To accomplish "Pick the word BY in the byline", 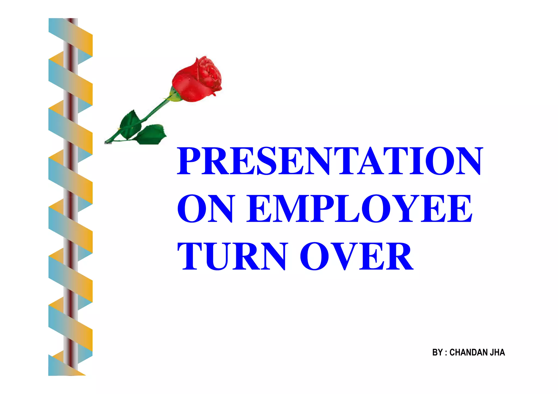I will [x=437, y=352].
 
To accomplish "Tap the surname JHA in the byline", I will [x=498, y=352].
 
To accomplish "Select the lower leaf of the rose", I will [x=151, y=134].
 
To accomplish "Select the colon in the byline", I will [x=446, y=353].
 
